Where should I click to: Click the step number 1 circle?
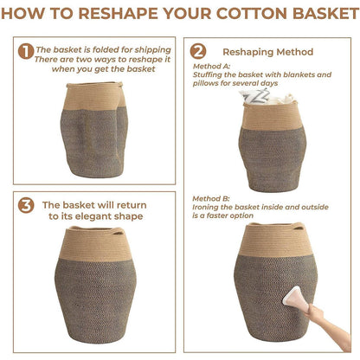click(x=26, y=51)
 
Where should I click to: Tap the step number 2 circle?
click(x=198, y=51)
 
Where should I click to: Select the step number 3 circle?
click(x=26, y=205)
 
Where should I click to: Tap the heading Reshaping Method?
click(x=267, y=52)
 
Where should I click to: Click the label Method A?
click(x=211, y=66)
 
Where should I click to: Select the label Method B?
click(x=211, y=198)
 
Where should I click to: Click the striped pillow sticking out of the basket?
click(x=254, y=97)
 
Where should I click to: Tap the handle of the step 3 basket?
click(x=119, y=230)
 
